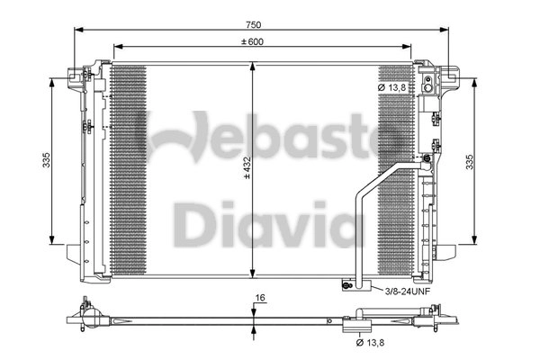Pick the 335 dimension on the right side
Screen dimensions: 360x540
point(467,160)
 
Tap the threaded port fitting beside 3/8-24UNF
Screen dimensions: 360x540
point(346,286)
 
